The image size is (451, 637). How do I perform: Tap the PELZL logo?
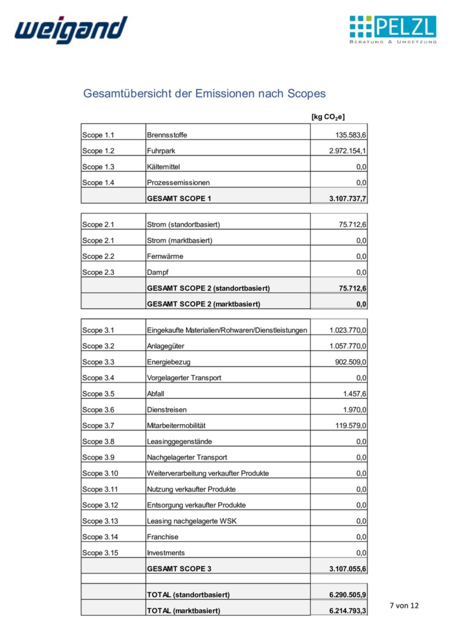[392, 30]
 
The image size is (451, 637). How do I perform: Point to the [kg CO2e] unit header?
[328, 117]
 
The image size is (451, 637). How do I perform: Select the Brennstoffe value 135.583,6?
[348, 135]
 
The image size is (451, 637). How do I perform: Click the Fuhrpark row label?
[160, 151]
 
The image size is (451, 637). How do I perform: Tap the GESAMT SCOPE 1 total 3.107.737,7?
[348, 198]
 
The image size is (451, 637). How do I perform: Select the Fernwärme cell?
[165, 256]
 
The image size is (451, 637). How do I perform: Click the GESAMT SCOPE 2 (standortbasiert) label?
[208, 288]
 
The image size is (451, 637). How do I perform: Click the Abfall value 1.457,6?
[353, 394]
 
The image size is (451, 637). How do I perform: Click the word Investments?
[166, 553]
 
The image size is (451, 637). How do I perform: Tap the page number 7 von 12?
[404, 606]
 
